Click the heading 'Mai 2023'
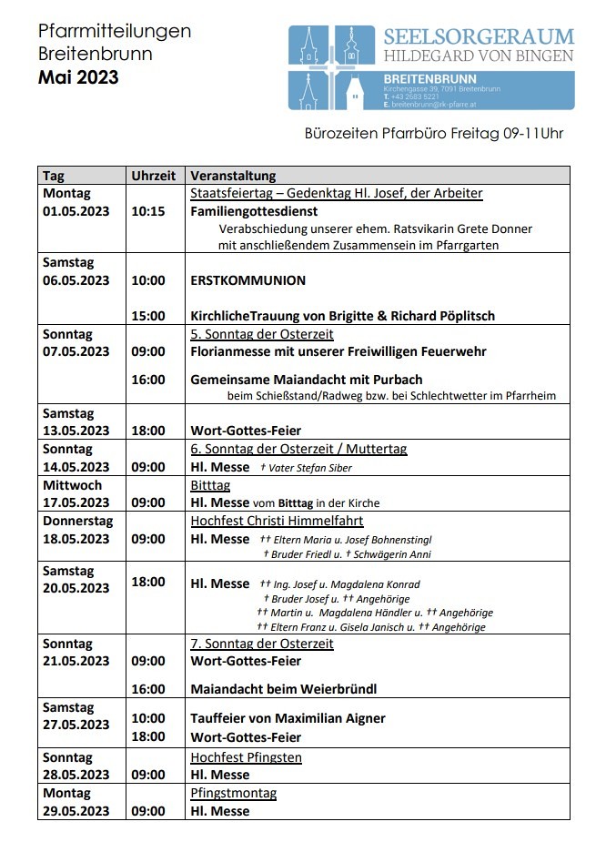tap(78, 77)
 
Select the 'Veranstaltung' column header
tap(233, 176)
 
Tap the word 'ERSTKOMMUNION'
tap(247, 280)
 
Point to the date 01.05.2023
tap(76, 210)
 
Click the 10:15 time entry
tap(148, 210)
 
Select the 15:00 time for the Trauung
tap(148, 316)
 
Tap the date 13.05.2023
tap(76, 431)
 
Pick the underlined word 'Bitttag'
tap(210, 485)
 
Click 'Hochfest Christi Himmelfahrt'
tap(277, 521)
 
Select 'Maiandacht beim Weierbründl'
tap(283, 689)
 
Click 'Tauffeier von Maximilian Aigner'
tap(288, 718)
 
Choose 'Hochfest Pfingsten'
tap(246, 757)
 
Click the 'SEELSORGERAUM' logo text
tap(479, 36)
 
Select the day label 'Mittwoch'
tap(73, 485)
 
